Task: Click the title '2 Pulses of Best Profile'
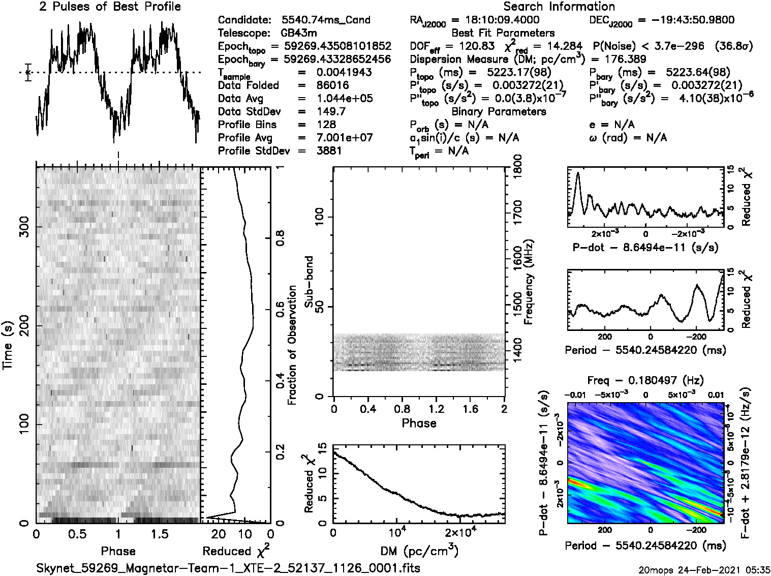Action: tap(110, 7)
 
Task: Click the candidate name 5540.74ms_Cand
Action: tap(325, 20)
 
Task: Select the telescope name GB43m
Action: tap(300, 34)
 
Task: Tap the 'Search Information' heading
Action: tap(559, 7)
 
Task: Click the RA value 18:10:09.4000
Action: tap(496, 20)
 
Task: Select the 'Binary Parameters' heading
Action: tap(499, 111)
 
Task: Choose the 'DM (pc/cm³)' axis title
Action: tap(419, 551)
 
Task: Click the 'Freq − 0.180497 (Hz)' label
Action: tap(645, 381)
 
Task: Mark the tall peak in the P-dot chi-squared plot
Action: tap(578, 174)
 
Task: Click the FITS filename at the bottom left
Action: tap(228, 568)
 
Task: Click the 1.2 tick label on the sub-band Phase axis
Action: tap(436, 409)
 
